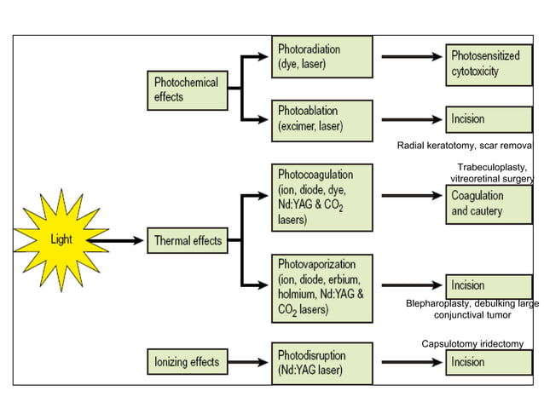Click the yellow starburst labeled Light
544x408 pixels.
pos(61,239)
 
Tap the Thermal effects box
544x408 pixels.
pos(188,240)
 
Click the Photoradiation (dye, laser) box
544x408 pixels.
pos(322,57)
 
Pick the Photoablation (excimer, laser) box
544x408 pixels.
pos(322,119)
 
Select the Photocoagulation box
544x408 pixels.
pos(322,197)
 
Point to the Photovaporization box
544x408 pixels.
pos(322,287)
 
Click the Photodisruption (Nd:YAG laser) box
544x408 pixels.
pos(322,362)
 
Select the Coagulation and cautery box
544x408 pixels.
pos(489,204)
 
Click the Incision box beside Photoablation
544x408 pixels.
pos(489,119)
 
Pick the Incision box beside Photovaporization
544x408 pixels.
pos(489,285)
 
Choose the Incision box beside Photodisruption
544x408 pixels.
pos(489,362)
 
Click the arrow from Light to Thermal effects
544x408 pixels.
pos(119,240)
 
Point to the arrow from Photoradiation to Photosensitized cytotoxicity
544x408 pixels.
pos(409,57)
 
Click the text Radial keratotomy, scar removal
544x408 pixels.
pos(466,147)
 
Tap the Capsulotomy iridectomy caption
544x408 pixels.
pos(472,343)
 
